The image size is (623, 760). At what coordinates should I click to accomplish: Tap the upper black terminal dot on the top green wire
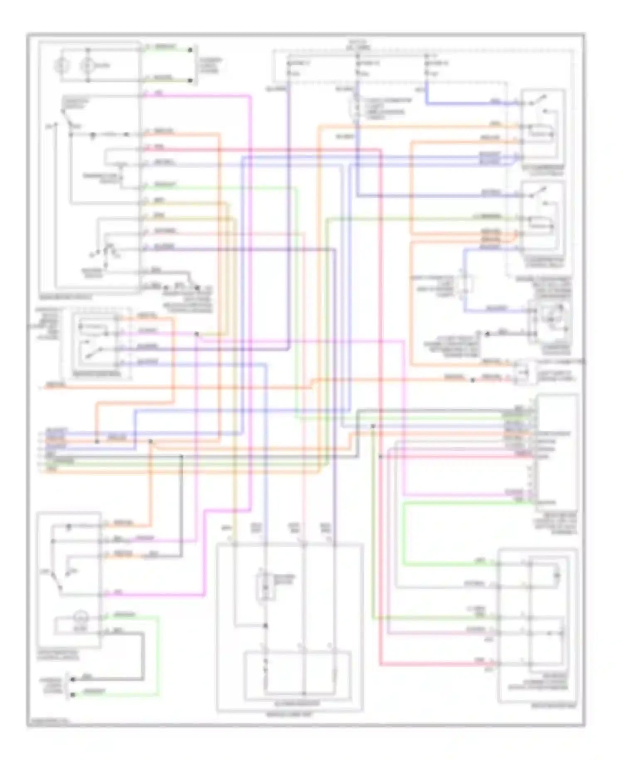coord(190,50)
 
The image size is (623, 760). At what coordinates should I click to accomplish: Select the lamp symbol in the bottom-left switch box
coord(79,617)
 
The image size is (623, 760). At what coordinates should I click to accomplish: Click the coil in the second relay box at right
coord(540,226)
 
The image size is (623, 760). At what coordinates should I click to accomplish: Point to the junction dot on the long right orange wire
coord(473,380)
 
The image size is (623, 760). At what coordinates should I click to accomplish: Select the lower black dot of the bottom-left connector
coord(73,694)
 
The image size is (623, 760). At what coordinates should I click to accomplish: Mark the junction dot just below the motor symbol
coord(266,625)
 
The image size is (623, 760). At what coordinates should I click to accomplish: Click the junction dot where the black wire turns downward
coord(181,456)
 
